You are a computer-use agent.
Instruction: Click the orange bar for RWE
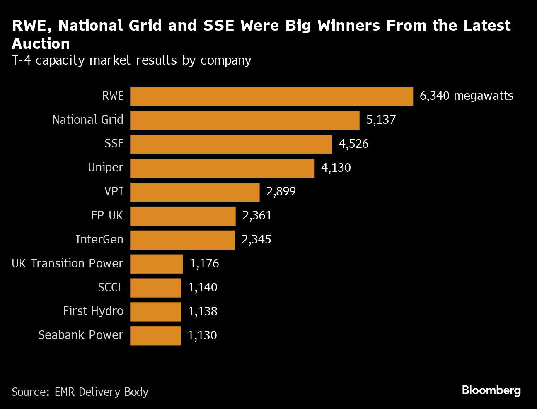[x=271, y=96]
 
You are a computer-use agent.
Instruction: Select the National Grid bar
[x=244, y=120]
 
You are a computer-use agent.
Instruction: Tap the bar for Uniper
[x=222, y=168]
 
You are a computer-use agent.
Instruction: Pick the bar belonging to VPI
[x=195, y=192]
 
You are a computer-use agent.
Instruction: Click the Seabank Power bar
[x=155, y=336]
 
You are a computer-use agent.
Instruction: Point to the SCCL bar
[x=155, y=288]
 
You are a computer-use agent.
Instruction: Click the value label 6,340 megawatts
[x=466, y=96]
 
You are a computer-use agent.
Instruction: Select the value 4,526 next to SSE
[x=353, y=144]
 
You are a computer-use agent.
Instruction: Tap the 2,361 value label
[x=257, y=216]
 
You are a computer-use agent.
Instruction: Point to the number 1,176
[x=204, y=264]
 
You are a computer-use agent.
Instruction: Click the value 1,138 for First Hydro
[x=203, y=311]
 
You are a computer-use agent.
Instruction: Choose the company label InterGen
[x=99, y=240]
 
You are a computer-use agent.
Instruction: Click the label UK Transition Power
[x=68, y=264]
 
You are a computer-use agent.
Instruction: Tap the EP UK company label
[x=107, y=216]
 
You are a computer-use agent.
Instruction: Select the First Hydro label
[x=93, y=311]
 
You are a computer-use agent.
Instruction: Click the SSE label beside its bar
[x=114, y=144]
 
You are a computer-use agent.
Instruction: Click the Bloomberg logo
[x=491, y=390]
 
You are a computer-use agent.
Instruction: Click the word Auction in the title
[x=41, y=44]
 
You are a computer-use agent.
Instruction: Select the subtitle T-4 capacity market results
[x=131, y=60]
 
